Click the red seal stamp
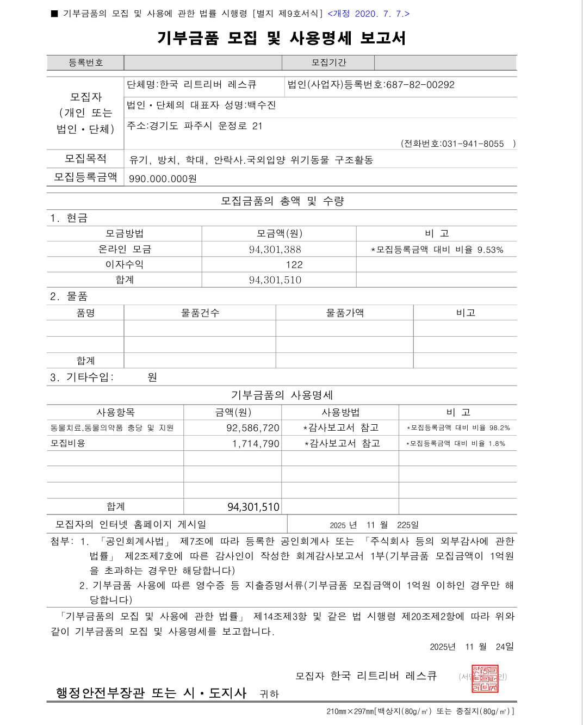coord(485,679)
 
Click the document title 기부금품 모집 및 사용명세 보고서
coord(281,38)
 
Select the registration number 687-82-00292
coord(420,85)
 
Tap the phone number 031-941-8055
coord(473,144)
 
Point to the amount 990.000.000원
coord(163,179)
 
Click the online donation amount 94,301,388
coord(275,250)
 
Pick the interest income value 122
coord(294,265)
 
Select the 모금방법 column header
coord(125,233)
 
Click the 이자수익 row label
coord(125,264)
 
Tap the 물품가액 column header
coord(345,313)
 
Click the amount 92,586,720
coord(253,428)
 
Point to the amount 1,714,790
coord(256,444)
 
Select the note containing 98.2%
coord(458,428)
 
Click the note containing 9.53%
coord(437,250)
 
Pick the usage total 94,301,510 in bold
coord(253,507)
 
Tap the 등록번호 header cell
coord(85,63)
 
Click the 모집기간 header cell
coord(328,63)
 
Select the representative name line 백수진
coord(202,105)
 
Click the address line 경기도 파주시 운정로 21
coord(195,126)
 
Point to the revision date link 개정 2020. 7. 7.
coord(368,14)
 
